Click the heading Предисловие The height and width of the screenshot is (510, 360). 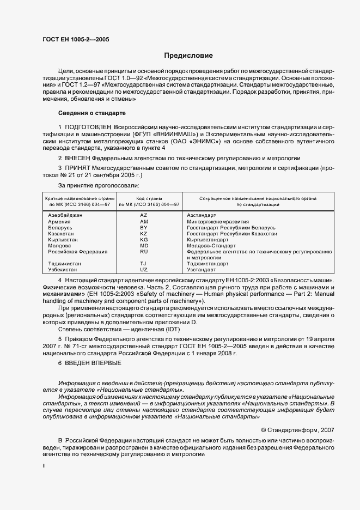click(188, 56)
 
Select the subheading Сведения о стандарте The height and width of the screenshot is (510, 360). click(91, 113)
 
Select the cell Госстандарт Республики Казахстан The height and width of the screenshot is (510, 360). click(231, 234)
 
